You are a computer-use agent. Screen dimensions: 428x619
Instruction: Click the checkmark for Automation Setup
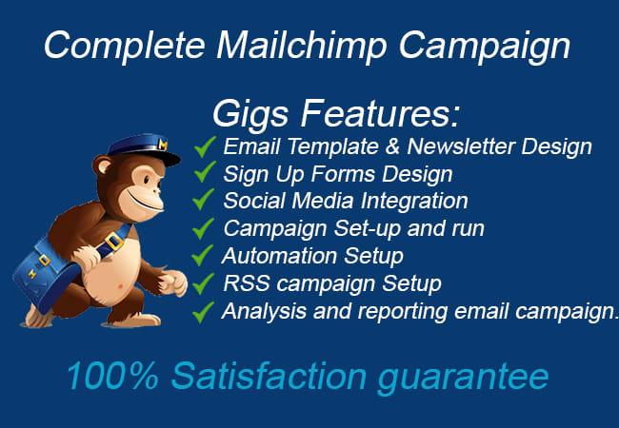pos(203,256)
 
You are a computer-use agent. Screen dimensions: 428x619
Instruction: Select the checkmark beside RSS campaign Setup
pos(203,283)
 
